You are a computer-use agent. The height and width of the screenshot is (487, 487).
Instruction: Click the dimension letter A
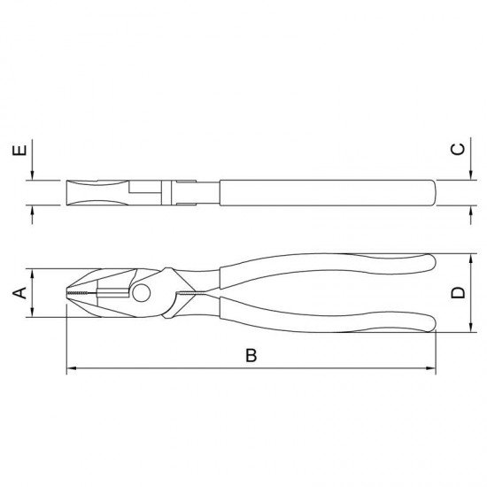click(x=19, y=293)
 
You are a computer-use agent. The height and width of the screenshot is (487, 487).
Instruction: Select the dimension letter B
click(x=251, y=355)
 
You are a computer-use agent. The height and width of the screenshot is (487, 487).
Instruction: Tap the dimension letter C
click(x=458, y=149)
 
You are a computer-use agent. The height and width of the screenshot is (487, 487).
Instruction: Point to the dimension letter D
click(x=458, y=293)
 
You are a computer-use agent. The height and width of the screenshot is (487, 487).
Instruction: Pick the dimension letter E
click(x=19, y=151)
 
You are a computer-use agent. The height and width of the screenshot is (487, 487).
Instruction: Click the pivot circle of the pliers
click(x=142, y=292)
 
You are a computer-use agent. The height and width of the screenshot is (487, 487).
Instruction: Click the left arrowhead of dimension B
click(x=72, y=368)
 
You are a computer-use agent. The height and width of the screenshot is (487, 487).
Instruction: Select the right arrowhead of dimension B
click(x=431, y=368)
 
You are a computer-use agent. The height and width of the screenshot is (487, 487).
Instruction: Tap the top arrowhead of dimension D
click(x=471, y=259)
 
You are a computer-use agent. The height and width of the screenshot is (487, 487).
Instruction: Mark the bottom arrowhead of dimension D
click(x=471, y=328)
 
